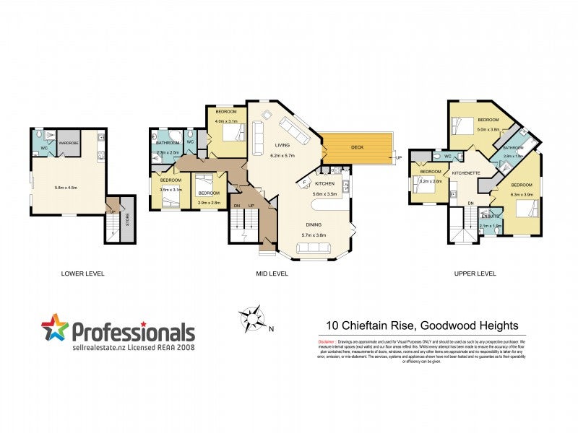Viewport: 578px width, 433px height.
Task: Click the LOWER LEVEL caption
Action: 83,274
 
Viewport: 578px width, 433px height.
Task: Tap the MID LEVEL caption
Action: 272,274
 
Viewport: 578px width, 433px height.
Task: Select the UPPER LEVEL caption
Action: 475,274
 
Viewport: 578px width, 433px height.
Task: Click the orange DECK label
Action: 358,147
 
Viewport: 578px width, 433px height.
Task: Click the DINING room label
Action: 314,224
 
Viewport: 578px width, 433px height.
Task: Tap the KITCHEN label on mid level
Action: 324,185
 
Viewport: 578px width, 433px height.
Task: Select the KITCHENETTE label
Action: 465,174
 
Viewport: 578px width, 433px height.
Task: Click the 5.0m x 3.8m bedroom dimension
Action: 488,130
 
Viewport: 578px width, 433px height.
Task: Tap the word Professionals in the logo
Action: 133,333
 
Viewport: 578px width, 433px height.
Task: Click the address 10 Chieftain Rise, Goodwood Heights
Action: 422,325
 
